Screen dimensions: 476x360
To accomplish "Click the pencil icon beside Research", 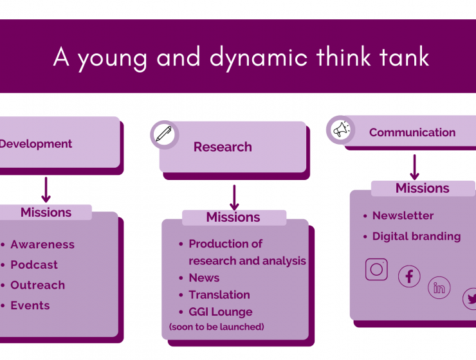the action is [x=163, y=134].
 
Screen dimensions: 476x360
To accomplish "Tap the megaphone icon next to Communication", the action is [x=341, y=130].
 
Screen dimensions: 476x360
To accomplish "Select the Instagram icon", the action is [x=376, y=269].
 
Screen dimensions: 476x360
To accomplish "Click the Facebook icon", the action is [x=409, y=276].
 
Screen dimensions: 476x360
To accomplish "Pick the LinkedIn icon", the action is [x=439, y=287].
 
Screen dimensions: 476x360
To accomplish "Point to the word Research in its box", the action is [x=223, y=147].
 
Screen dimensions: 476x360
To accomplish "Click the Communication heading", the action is [x=412, y=132].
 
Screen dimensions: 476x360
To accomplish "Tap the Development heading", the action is [x=35, y=144].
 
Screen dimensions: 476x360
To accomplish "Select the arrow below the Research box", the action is [x=234, y=197].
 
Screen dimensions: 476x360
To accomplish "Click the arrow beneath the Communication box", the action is [x=414, y=167].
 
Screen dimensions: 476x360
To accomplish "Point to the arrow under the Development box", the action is [x=46, y=190].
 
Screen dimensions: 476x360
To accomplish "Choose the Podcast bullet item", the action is [x=34, y=265].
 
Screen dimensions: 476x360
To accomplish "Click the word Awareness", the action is [x=42, y=244].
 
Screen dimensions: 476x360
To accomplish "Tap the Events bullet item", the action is [x=30, y=305].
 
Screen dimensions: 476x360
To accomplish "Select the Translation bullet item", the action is [x=219, y=295].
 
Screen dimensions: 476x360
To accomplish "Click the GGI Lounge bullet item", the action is [x=221, y=312].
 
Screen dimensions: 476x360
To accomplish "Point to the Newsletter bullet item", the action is [x=403, y=215].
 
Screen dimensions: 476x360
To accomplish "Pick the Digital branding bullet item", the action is [x=417, y=237].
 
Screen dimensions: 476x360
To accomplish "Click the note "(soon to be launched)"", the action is [x=216, y=327].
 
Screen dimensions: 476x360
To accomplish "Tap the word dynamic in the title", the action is [x=259, y=59].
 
